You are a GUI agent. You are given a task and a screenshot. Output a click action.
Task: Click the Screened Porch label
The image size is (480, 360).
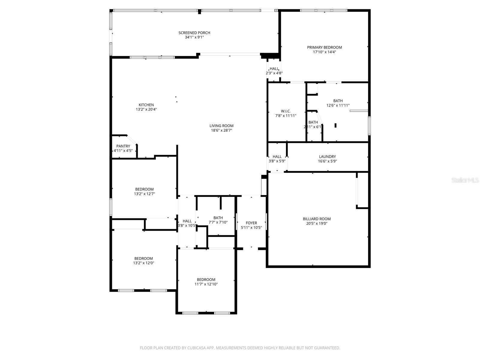coord(194,33)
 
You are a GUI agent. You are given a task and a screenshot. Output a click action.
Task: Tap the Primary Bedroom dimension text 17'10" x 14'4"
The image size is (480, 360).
coord(324,52)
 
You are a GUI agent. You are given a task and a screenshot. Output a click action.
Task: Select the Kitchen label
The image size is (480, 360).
coord(146,105)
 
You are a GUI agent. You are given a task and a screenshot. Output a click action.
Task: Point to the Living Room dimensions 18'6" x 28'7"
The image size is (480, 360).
coord(221,130)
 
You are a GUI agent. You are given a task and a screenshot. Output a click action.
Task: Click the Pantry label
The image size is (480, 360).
coord(123,146)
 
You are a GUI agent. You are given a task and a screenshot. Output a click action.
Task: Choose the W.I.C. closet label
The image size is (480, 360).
coord(286,111)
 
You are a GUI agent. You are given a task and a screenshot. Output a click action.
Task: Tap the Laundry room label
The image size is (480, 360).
coord(327,157)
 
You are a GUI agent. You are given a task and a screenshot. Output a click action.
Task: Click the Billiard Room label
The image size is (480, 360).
coord(316,219)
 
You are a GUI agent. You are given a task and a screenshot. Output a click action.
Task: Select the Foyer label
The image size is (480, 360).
coord(251,223)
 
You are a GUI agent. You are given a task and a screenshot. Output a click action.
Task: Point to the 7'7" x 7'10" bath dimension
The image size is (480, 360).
coord(218,222)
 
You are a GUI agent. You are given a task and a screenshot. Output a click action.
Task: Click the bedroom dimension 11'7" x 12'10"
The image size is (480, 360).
coord(206,284)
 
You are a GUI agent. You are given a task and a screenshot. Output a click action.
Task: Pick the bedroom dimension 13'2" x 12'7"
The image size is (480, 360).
coord(144,194)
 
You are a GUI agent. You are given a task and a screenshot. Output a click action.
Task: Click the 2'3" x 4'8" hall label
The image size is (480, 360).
coord(274,73)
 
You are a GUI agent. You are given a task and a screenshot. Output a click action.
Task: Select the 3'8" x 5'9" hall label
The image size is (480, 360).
coord(277,161)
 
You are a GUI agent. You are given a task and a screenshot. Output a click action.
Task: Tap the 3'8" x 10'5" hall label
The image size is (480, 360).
coord(187,226)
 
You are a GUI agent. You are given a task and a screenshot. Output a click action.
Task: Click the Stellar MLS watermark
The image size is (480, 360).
coord(465,180)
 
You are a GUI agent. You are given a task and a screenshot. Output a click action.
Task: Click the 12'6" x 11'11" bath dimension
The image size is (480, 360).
coord(338,105)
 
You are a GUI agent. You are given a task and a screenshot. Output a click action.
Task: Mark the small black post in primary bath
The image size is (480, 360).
coord(335,125)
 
